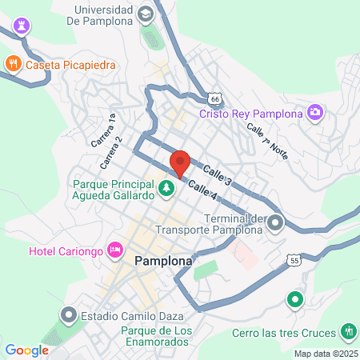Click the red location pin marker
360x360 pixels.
(180, 162)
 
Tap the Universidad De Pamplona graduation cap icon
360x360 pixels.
(145, 14)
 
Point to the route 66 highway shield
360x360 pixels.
(214, 97)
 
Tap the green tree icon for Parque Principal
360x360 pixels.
(166, 189)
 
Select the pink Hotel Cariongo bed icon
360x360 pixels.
(116, 250)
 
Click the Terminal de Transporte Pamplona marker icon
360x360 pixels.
(276, 222)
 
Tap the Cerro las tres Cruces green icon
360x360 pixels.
(348, 330)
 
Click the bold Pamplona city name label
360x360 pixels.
(163, 262)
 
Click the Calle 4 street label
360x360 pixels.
(203, 191)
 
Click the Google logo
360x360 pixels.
(26, 350)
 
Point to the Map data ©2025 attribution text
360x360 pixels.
(323, 354)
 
